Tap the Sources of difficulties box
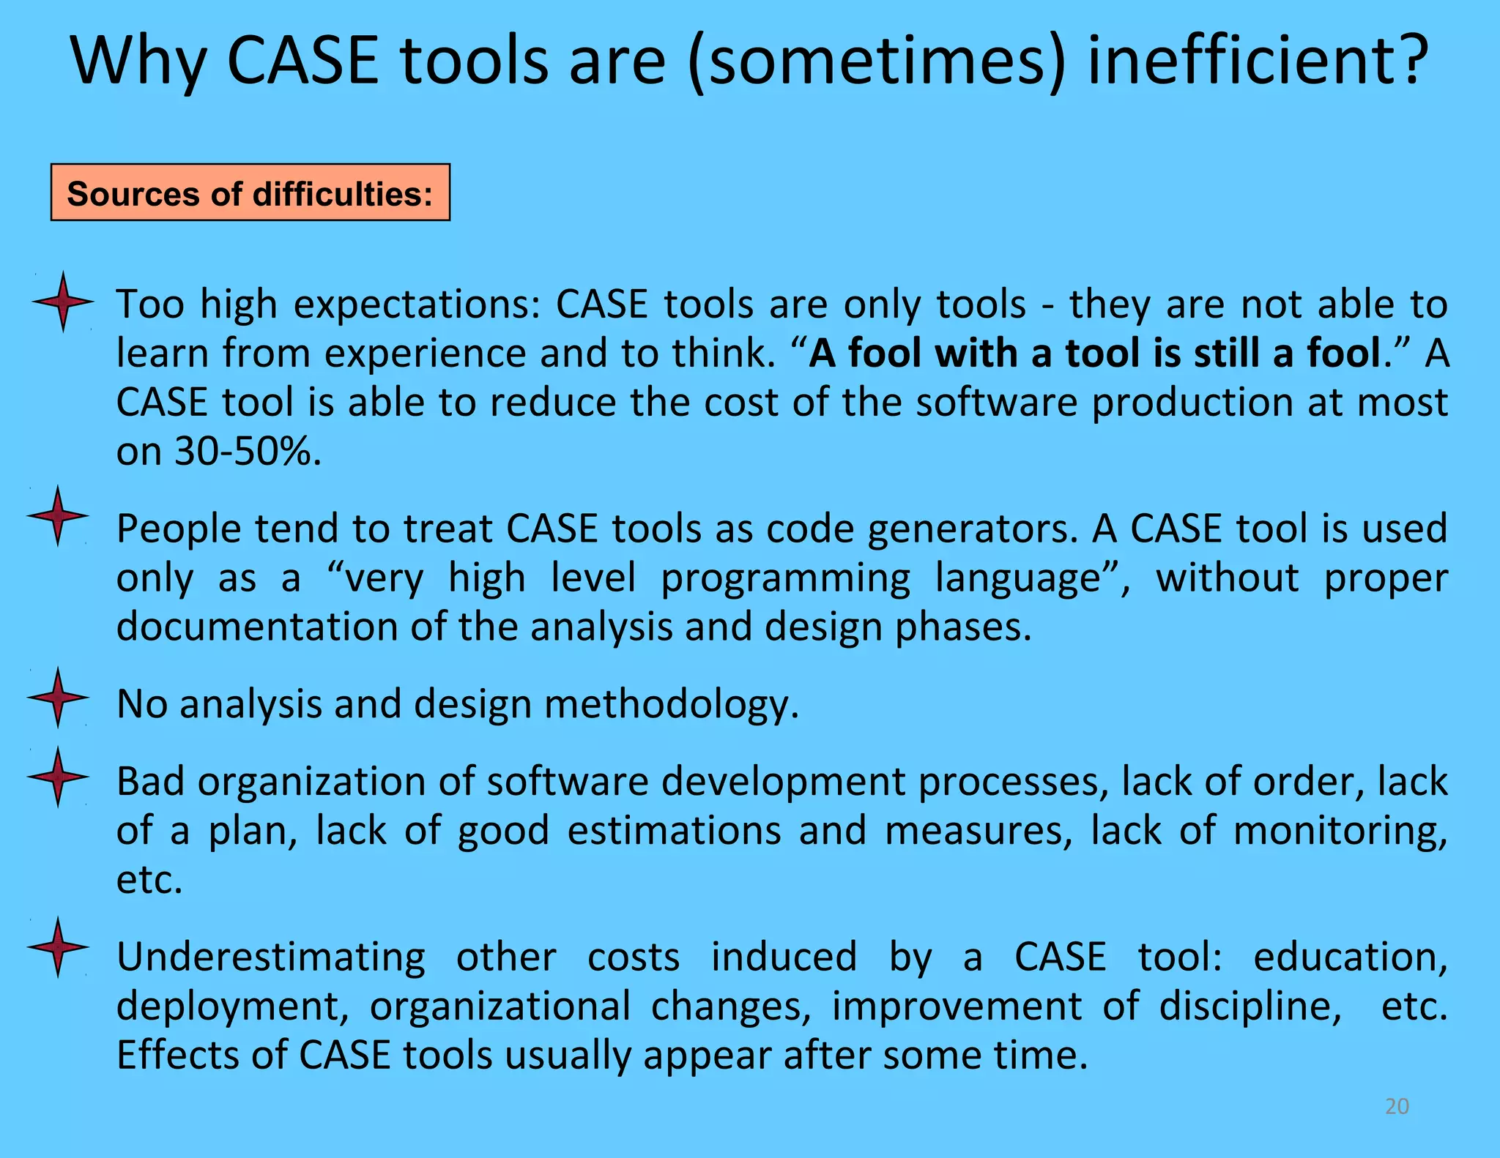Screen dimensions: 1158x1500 pyautogui.click(x=250, y=193)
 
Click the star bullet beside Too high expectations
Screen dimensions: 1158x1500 pyautogui.click(x=63, y=301)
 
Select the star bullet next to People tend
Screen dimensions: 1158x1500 pyautogui.click(x=58, y=515)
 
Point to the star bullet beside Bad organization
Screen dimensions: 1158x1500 pyautogui.click(x=58, y=777)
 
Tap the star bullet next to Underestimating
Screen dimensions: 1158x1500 pyautogui.click(x=58, y=946)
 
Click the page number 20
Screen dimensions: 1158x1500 pyautogui.click(x=1397, y=1106)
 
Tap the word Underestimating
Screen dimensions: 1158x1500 pyautogui.click(x=270, y=957)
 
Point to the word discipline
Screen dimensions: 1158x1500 pyautogui.click(x=1250, y=1006)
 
